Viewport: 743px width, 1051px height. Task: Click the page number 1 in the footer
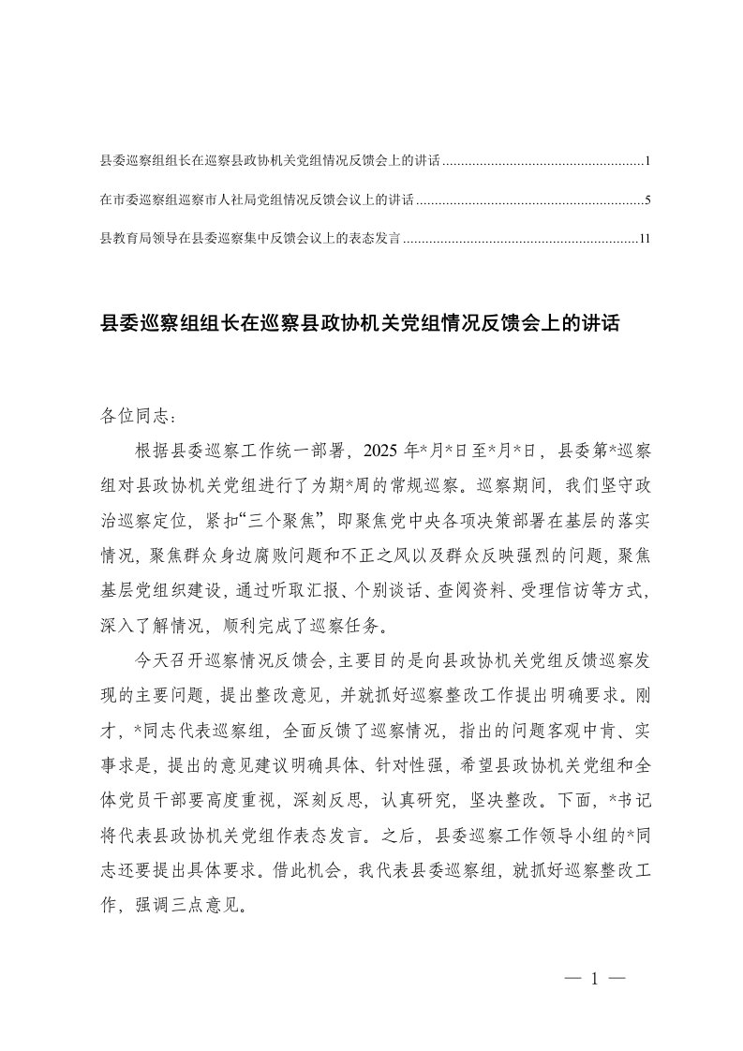(x=594, y=980)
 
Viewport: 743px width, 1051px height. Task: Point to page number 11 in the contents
(x=645, y=239)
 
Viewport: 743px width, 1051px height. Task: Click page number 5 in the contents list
(x=647, y=200)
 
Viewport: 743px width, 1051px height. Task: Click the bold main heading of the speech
(x=360, y=324)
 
